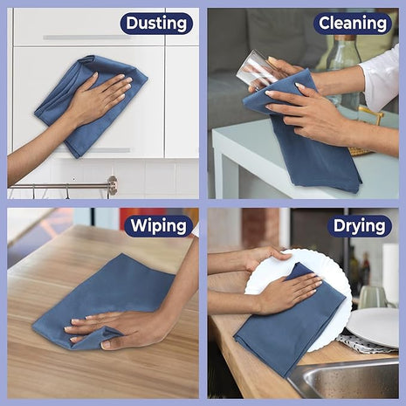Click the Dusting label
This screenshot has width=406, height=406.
pos(156,24)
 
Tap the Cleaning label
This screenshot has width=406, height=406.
pos(353,24)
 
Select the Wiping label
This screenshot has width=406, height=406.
pos(158,226)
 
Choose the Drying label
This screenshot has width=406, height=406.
pos(360,226)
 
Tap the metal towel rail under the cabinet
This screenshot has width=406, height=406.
pos(61,185)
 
